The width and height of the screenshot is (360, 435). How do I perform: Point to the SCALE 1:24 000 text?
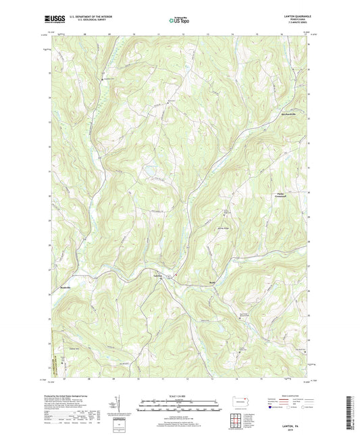179,395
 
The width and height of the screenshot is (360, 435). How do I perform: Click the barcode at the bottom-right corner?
349,409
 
